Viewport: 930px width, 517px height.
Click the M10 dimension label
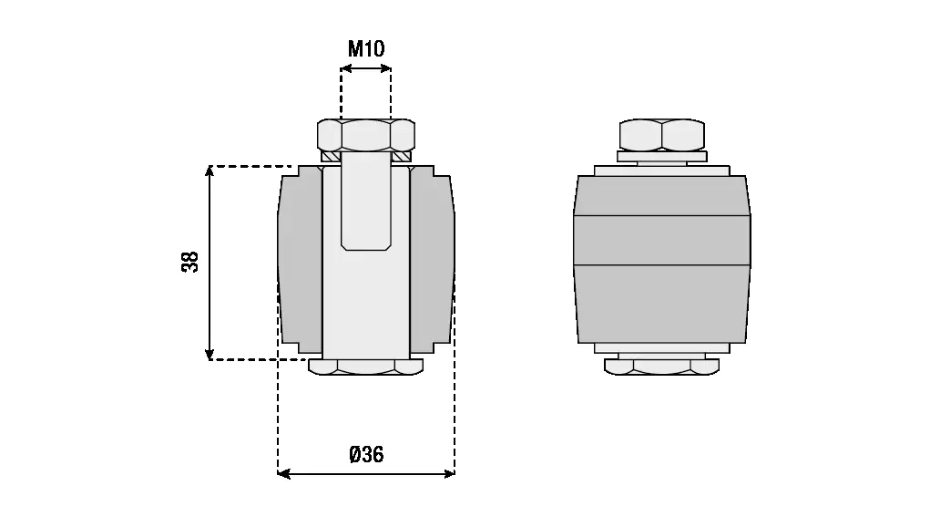tap(365, 48)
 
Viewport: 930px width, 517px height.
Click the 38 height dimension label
tap(189, 263)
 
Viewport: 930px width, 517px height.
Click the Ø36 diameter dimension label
tap(366, 454)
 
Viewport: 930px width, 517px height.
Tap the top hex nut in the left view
tap(365, 135)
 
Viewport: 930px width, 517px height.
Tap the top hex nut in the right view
tap(662, 135)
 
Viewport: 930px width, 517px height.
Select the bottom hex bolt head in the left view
tap(365, 367)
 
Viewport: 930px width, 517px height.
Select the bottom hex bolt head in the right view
tap(662, 367)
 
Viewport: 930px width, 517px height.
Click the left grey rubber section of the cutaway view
tap(300, 263)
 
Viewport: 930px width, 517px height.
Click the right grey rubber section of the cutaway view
tap(432, 263)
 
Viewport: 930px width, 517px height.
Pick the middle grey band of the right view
tap(662, 240)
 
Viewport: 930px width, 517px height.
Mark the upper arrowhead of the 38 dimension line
tap(210, 171)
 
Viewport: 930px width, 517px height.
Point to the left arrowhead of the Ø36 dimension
tap(283, 473)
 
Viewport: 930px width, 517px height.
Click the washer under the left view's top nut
tap(365, 156)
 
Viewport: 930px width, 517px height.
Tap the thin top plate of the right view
tap(662, 171)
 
